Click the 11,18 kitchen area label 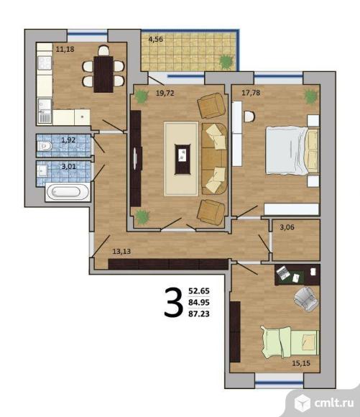pos(65,49)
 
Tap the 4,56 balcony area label pos(155,40)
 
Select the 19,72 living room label pos(165,93)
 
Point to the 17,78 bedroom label pos(251,93)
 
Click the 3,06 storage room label pos(287,227)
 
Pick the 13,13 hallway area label pos(121,252)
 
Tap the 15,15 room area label pos(301,363)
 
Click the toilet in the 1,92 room pos(44,146)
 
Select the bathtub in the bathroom pos(68,192)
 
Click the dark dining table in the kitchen pos(103,74)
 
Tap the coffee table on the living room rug pos(183,159)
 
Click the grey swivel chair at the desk pos(306,298)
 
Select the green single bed pos(290,342)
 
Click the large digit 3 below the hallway pos(174,303)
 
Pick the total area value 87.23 pos(199,313)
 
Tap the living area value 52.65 pos(199,291)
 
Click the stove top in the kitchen pos(45,63)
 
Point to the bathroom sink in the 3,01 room pos(42,170)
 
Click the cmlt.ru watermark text pos(334,403)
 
